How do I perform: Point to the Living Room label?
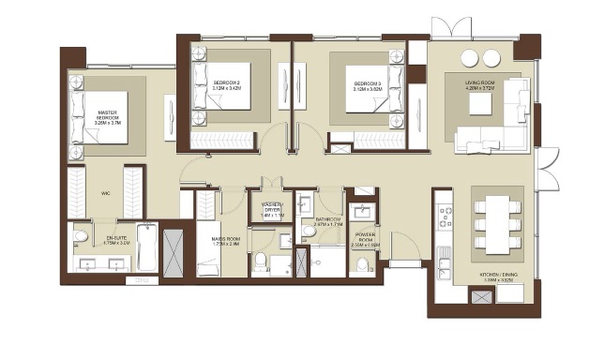(x=480, y=85)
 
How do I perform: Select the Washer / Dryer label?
(x=272, y=207)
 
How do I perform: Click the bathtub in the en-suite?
(x=147, y=247)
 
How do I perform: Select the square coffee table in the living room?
(x=481, y=106)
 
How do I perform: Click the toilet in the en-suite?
(x=82, y=237)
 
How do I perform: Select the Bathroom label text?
(x=328, y=222)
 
